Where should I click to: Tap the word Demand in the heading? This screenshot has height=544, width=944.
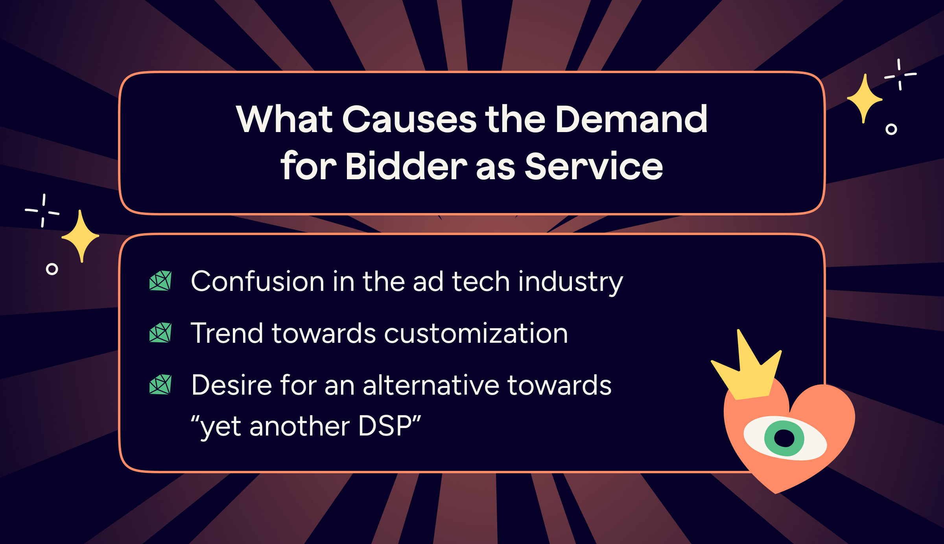click(x=631, y=119)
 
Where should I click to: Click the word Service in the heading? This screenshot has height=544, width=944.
click(x=594, y=167)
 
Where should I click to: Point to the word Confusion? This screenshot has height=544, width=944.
click(x=257, y=281)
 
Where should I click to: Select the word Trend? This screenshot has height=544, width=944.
click(x=226, y=333)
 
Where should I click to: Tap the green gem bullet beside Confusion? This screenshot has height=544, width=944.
click(x=160, y=281)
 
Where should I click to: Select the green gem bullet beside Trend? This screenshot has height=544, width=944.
click(x=160, y=333)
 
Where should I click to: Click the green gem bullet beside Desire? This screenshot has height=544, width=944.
click(x=160, y=384)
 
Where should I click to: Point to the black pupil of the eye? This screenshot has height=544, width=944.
click(x=784, y=438)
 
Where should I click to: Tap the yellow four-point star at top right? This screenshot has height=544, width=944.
click(x=864, y=98)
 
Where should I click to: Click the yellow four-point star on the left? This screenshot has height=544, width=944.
click(x=81, y=236)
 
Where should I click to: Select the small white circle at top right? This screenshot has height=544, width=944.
click(x=891, y=129)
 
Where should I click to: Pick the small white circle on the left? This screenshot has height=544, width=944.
click(x=52, y=269)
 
